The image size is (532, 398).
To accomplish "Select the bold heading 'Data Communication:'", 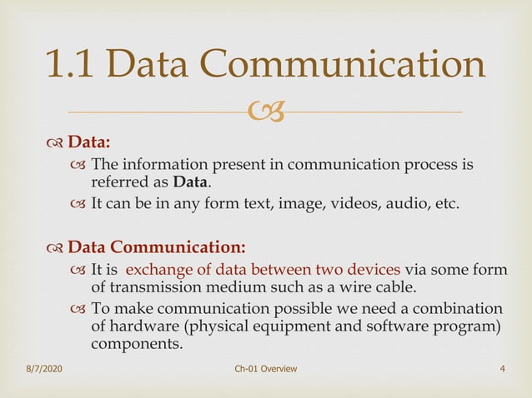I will click(x=157, y=247).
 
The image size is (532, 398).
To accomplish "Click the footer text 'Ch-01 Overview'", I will click(x=266, y=368).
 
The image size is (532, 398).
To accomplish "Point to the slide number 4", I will click(x=502, y=368).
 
